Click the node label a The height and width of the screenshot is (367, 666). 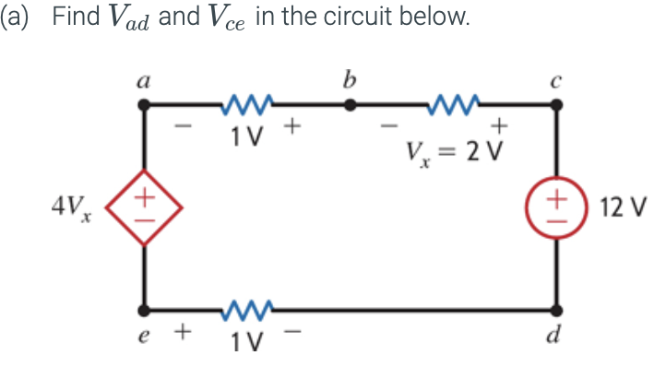(x=143, y=82)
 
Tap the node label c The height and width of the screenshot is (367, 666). (x=554, y=82)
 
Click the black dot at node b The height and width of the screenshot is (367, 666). (x=349, y=106)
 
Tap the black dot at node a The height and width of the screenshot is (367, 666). (x=144, y=106)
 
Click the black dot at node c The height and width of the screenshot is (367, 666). (x=555, y=106)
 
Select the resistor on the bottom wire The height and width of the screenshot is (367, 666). (x=244, y=307)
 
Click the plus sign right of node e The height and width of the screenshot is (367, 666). (x=183, y=328)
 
